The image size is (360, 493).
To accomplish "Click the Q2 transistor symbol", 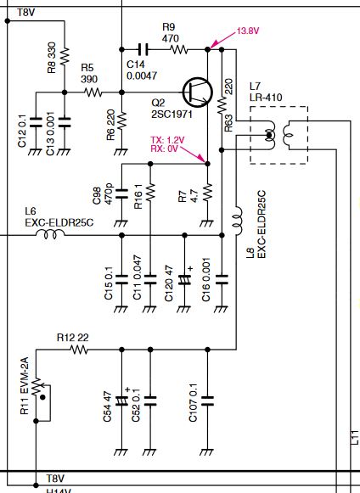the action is (x=198, y=92).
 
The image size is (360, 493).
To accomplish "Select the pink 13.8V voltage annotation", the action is (x=248, y=31).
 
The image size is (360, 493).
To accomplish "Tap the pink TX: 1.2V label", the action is (x=167, y=140).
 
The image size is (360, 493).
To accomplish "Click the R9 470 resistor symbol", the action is (x=179, y=49).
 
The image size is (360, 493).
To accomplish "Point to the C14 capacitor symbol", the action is (x=143, y=49).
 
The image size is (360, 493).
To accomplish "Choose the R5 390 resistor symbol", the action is (x=93, y=92).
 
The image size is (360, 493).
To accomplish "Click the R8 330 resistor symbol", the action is (x=65, y=57).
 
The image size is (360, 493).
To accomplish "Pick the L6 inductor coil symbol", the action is (x=50, y=234).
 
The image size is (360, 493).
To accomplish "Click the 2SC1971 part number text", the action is (x=172, y=114).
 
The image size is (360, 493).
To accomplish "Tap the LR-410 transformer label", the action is (x=266, y=97).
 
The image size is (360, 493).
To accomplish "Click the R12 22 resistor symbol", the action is (x=79, y=350).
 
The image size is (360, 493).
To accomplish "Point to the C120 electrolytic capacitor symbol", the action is (x=185, y=279).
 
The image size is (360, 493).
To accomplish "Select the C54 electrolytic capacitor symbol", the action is (x=121, y=401).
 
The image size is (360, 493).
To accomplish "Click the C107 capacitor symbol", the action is (x=207, y=401).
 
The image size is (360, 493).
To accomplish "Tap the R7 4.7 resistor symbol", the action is (x=207, y=193).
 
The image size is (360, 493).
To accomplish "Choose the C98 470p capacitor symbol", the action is (x=121, y=193).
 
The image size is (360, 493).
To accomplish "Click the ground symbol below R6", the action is (x=121, y=152).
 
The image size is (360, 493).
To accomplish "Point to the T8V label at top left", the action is (x=25, y=13).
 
